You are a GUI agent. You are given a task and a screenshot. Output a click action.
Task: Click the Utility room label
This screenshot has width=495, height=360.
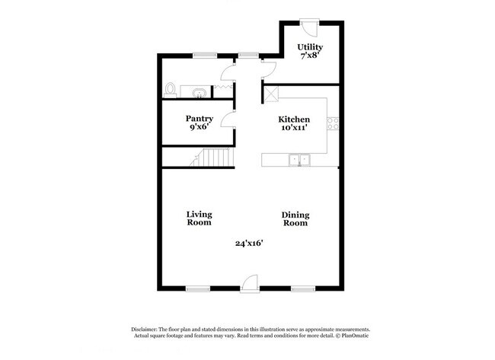click(x=310, y=47)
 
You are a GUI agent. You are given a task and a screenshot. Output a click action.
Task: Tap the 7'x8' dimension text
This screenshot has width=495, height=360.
click(x=310, y=56)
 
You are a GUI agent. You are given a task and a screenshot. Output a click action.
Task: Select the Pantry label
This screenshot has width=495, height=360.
click(x=200, y=119)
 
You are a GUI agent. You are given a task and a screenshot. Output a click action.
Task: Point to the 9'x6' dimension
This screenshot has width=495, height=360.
click(x=200, y=128)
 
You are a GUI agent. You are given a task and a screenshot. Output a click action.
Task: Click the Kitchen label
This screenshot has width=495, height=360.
click(x=293, y=119)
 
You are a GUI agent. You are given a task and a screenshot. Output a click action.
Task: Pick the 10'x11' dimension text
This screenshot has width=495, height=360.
click(x=293, y=129)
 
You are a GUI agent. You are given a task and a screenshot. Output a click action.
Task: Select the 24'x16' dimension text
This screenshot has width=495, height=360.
click(x=248, y=244)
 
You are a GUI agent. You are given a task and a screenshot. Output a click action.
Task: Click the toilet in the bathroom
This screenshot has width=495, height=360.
click(x=171, y=90)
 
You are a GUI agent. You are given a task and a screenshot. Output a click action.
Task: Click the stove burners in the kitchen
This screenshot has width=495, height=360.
click(x=332, y=125)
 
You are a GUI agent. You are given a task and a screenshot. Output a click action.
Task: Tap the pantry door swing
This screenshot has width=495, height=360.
click(x=228, y=119)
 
